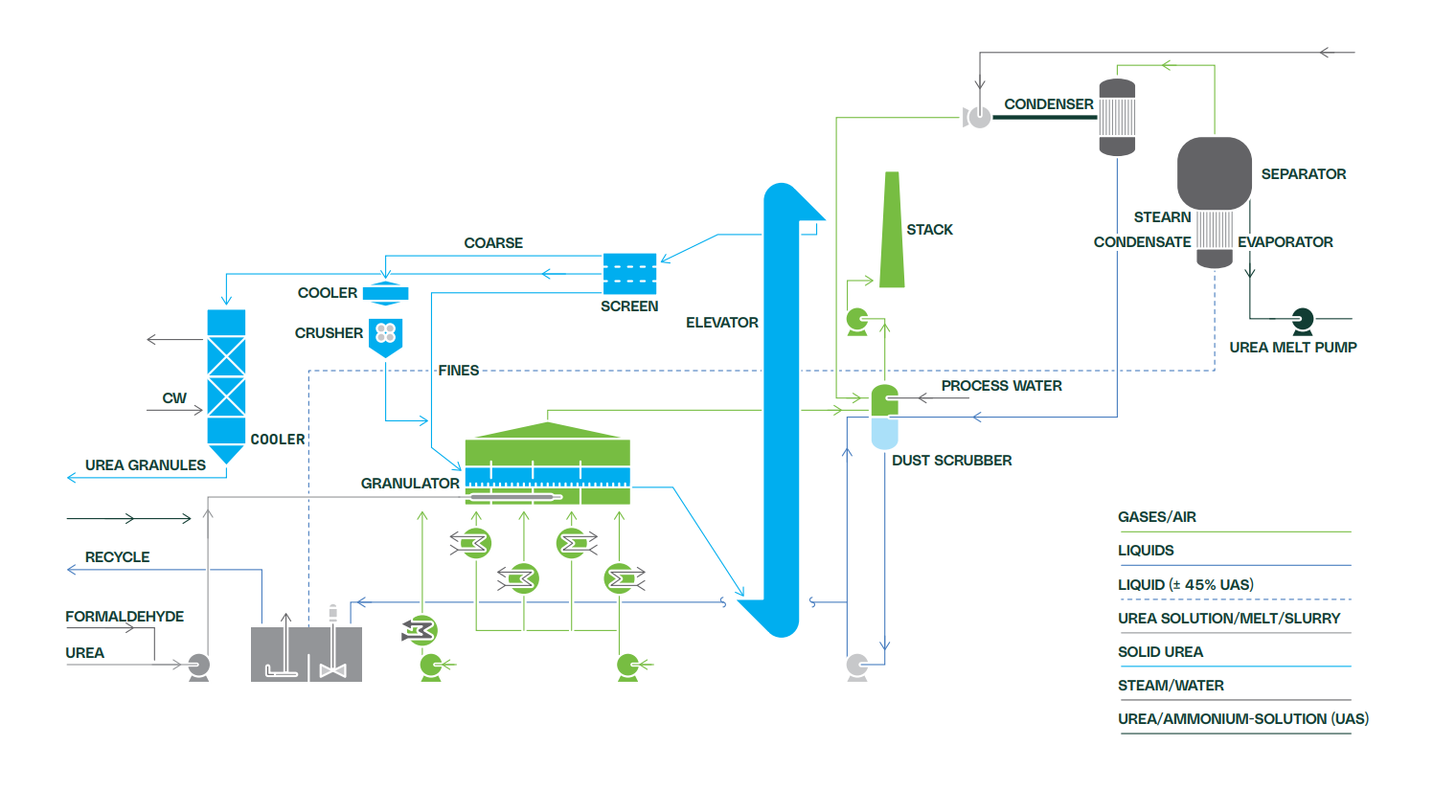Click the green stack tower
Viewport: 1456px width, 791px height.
pos(892,235)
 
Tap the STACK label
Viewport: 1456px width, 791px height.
pos(929,230)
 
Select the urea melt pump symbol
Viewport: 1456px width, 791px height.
pos(1302,320)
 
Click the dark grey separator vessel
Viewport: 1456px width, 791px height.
pos(1214,173)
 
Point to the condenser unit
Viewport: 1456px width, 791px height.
pos(1117,117)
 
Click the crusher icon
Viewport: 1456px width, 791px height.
pos(385,335)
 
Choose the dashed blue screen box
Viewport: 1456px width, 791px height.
pos(629,274)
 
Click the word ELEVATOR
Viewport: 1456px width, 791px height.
pos(721,323)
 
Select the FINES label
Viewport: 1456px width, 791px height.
pos(458,371)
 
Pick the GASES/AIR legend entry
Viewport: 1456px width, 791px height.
pos(1156,517)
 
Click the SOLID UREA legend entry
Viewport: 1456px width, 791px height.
pos(1160,652)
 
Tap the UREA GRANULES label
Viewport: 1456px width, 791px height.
pos(145,465)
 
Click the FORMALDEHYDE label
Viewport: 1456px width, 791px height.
pos(125,617)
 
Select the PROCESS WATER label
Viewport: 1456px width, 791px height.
pos(1001,386)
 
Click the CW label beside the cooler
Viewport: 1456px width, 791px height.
pos(174,398)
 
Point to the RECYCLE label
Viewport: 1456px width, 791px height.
pos(117,557)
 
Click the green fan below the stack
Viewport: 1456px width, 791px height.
pos(857,320)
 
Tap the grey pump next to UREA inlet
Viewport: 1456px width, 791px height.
pos(198,666)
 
